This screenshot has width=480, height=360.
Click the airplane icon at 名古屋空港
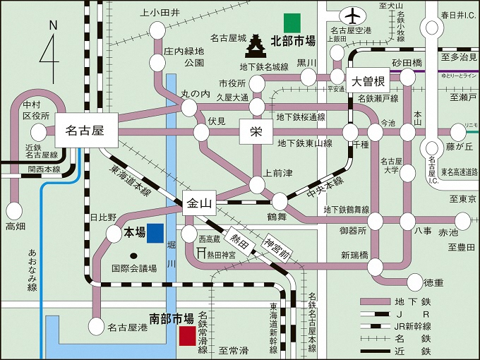(x=351, y=15)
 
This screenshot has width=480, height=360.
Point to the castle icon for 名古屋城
(x=256, y=47)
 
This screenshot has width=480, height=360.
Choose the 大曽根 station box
(x=367, y=79)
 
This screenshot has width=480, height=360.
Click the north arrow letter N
(x=53, y=25)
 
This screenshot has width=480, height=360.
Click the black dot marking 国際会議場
(x=135, y=253)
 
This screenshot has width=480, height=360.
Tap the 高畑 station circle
(x=14, y=210)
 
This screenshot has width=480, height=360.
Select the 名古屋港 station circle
(x=97, y=327)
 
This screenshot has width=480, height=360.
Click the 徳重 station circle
(x=412, y=282)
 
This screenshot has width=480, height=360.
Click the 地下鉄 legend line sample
(x=383, y=301)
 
